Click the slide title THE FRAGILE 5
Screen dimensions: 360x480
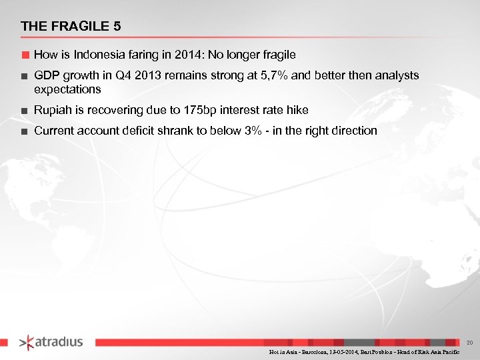click(x=71, y=27)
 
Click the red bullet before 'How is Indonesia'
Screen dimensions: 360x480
click(x=24, y=54)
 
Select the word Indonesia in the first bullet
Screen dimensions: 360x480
click(x=98, y=54)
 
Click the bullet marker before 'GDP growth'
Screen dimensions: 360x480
click(x=24, y=76)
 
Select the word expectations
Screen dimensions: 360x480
click(x=67, y=89)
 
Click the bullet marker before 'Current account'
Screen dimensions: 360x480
click(x=24, y=131)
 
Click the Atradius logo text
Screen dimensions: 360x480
click(x=59, y=342)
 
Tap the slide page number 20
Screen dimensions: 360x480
click(x=469, y=342)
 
